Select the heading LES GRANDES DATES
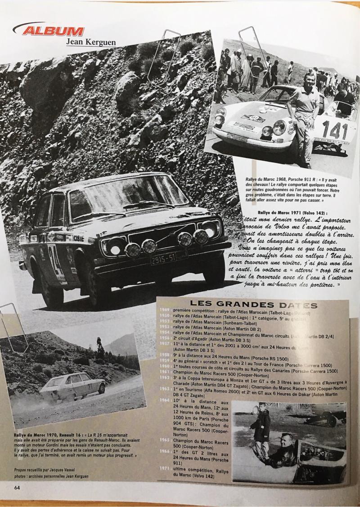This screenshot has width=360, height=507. [x=254, y=305]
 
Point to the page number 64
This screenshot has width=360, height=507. [x=17, y=487]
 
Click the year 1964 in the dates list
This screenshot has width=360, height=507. [x=165, y=400]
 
